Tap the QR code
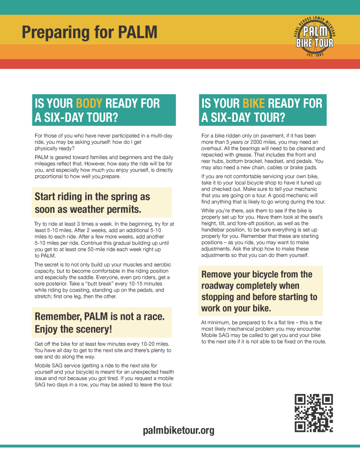314,413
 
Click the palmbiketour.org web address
178,430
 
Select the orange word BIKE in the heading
254,103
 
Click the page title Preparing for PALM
90,32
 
